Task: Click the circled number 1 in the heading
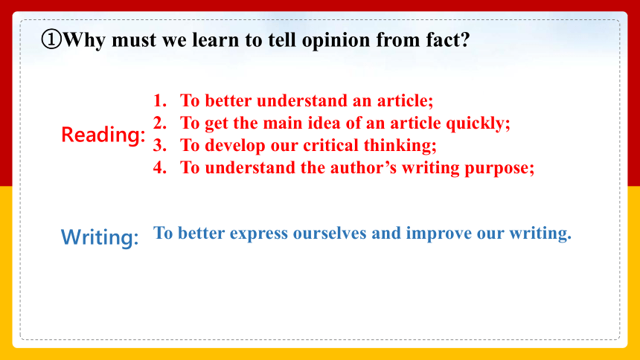(51, 39)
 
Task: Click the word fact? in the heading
(448, 39)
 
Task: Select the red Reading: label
(103, 135)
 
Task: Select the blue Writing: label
(100, 237)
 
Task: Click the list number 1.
(159, 100)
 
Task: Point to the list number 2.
(159, 123)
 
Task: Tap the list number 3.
(159, 145)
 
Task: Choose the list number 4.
(159, 168)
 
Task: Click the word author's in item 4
(363, 168)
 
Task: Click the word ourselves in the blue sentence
(330, 233)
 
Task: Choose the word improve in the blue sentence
(438, 234)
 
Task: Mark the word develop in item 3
(234, 146)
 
